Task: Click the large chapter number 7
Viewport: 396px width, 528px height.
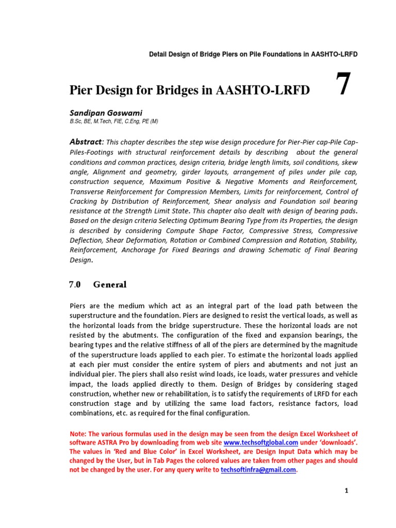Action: pos(343,85)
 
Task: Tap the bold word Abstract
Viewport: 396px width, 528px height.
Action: pos(86,142)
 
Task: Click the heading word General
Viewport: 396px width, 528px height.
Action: pos(110,284)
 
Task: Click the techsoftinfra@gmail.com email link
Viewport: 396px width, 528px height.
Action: pos(258,470)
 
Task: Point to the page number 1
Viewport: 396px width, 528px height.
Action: pos(347,491)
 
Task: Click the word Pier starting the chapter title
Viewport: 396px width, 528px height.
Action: pos(81,91)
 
